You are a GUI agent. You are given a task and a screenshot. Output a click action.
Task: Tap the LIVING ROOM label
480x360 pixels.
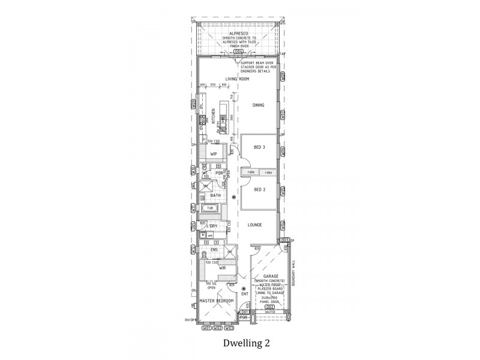237,79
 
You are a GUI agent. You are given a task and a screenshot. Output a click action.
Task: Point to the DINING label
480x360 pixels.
258,106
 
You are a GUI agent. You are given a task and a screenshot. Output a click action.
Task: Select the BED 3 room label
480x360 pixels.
259,147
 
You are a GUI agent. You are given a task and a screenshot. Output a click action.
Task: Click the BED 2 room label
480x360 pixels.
259,190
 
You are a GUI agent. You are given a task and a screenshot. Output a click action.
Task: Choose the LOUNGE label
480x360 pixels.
255,225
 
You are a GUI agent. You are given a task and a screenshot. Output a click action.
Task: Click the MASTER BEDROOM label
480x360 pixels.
218,300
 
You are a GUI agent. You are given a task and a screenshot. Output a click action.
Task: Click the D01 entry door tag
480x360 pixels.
245,312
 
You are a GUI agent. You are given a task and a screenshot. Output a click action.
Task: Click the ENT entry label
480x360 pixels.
244,294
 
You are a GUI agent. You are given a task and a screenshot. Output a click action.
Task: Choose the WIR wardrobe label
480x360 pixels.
222,268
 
